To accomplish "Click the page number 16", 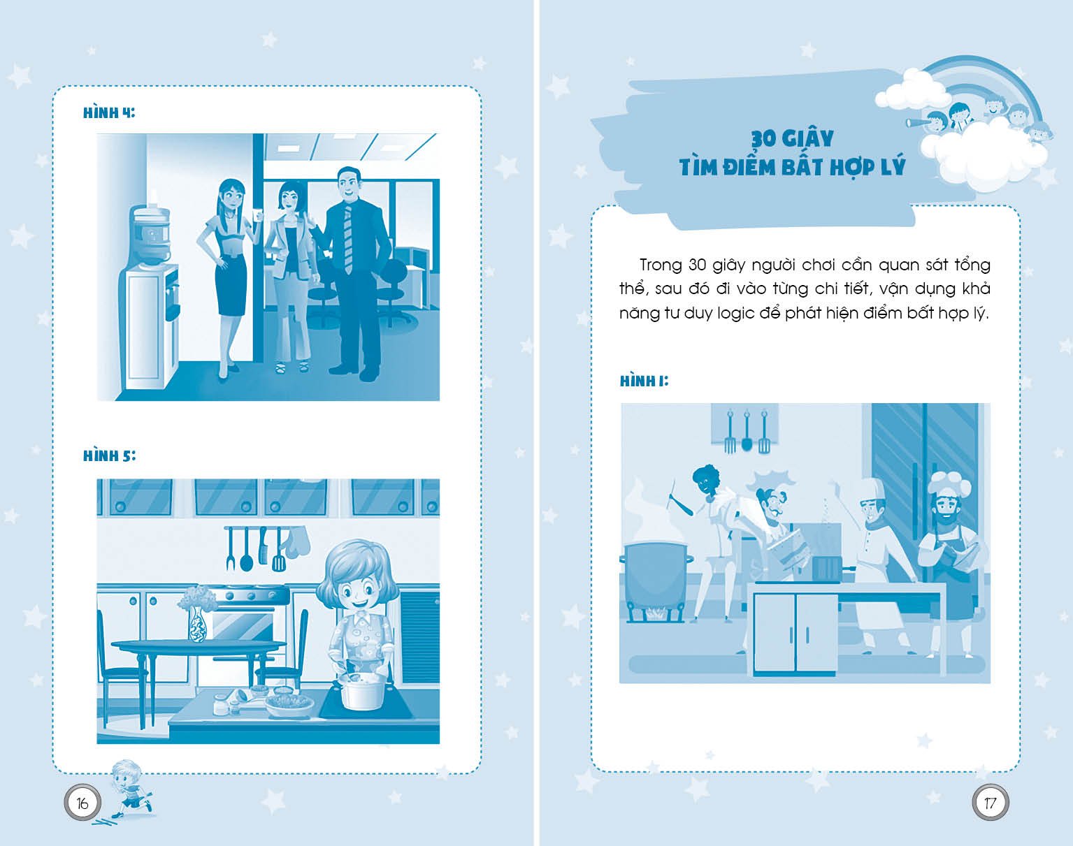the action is pos(82,803).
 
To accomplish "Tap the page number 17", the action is pos(991,803).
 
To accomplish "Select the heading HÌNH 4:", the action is pos(108,112).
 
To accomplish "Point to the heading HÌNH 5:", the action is pos(109,455).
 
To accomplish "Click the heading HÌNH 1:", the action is pos(644,381).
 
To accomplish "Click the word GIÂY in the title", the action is pos(808,138).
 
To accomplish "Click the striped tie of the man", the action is pos(348,239).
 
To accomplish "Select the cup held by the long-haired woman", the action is pos(257,214).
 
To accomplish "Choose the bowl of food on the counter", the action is pos(290,704).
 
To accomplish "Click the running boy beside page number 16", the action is pos(130,790).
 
